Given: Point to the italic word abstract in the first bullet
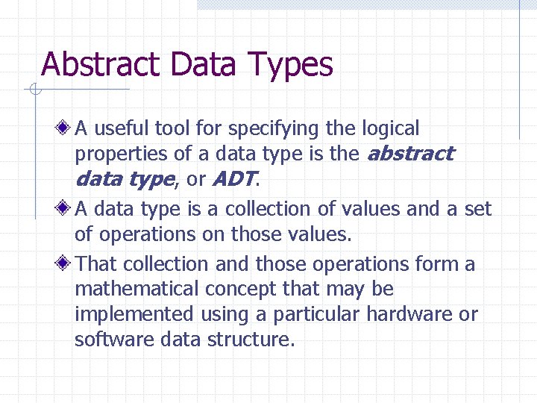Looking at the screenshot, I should (x=410, y=154).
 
